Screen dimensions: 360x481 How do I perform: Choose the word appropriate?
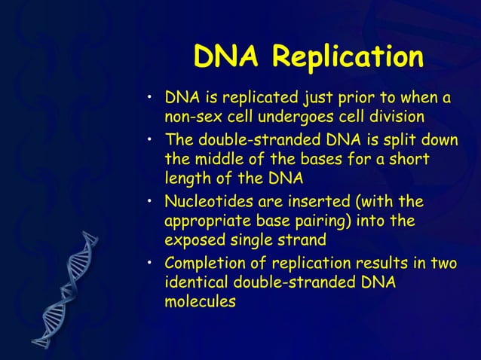pyautogui.click(x=207, y=221)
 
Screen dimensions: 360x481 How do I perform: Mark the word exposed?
pyautogui.click(x=192, y=241)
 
